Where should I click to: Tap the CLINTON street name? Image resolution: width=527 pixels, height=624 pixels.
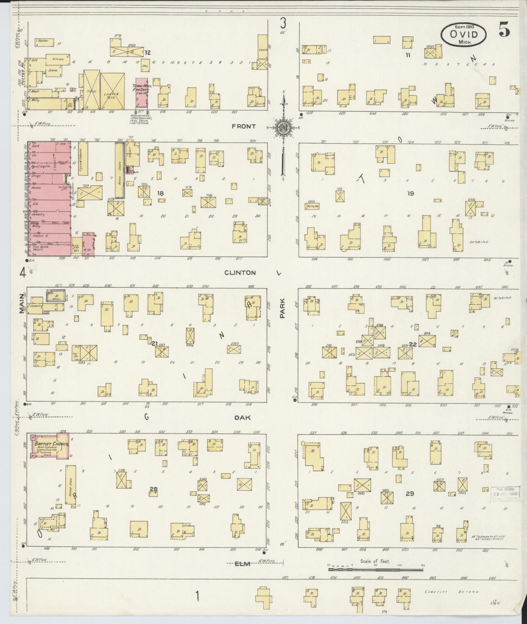click(x=240, y=273)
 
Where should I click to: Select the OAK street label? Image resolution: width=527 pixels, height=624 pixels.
click(x=243, y=417)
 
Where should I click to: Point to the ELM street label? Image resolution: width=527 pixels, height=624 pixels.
click(x=242, y=564)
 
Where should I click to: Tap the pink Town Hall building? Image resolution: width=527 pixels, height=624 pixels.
click(x=142, y=93)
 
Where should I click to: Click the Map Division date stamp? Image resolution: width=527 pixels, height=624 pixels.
click(x=507, y=494)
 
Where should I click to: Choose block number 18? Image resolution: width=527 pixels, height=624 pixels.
click(x=160, y=193)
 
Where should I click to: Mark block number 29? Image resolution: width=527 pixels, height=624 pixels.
click(x=410, y=493)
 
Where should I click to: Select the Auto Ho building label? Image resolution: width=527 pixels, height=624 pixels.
click(x=312, y=206)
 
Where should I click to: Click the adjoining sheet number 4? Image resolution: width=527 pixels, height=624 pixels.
click(x=23, y=273)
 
